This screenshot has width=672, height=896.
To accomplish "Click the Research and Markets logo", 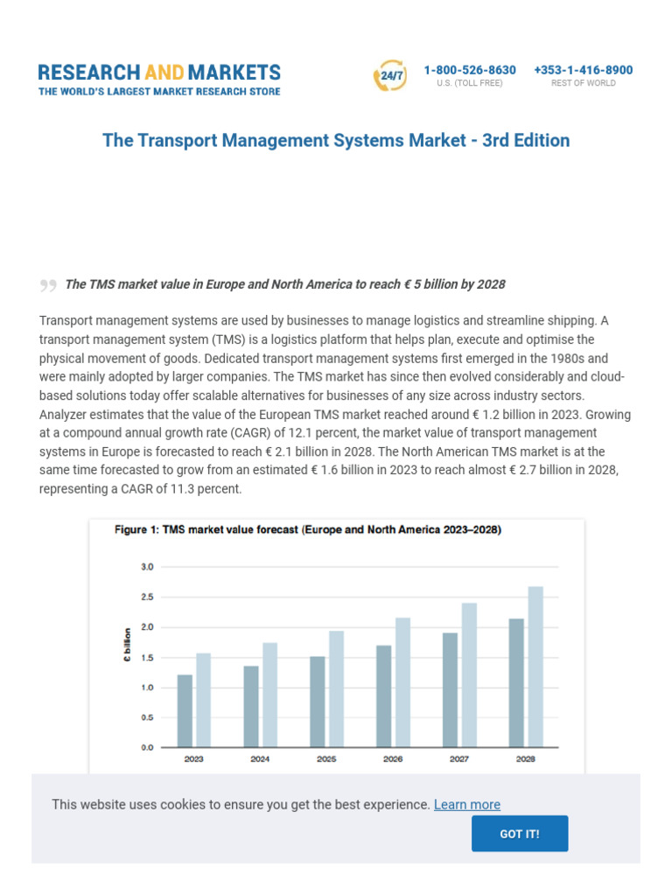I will click(x=159, y=79).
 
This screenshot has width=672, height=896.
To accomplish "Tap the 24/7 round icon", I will click(x=389, y=76).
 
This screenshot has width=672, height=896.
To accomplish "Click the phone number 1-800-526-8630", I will click(x=470, y=70).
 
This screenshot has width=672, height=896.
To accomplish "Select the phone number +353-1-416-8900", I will click(x=583, y=70).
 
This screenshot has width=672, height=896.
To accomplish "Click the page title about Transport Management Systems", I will click(x=336, y=140).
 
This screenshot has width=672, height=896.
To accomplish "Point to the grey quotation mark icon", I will click(x=48, y=285).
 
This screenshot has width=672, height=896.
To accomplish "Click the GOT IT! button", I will click(x=520, y=833).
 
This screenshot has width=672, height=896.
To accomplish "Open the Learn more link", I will click(x=467, y=804).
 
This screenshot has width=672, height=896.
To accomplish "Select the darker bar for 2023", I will click(x=185, y=710).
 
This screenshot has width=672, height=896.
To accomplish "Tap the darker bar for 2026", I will click(x=383, y=696).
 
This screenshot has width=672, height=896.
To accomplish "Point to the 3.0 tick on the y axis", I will click(x=146, y=567).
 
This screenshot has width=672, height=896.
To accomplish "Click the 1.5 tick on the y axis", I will click(x=146, y=657).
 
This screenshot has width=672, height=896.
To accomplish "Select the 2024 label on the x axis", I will click(x=260, y=759).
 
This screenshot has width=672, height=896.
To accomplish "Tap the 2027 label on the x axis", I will click(x=458, y=759).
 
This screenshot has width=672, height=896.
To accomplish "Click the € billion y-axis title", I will click(x=128, y=645).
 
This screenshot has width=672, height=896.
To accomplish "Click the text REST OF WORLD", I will click(x=583, y=84).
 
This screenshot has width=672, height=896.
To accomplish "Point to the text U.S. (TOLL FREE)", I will click(x=470, y=84).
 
